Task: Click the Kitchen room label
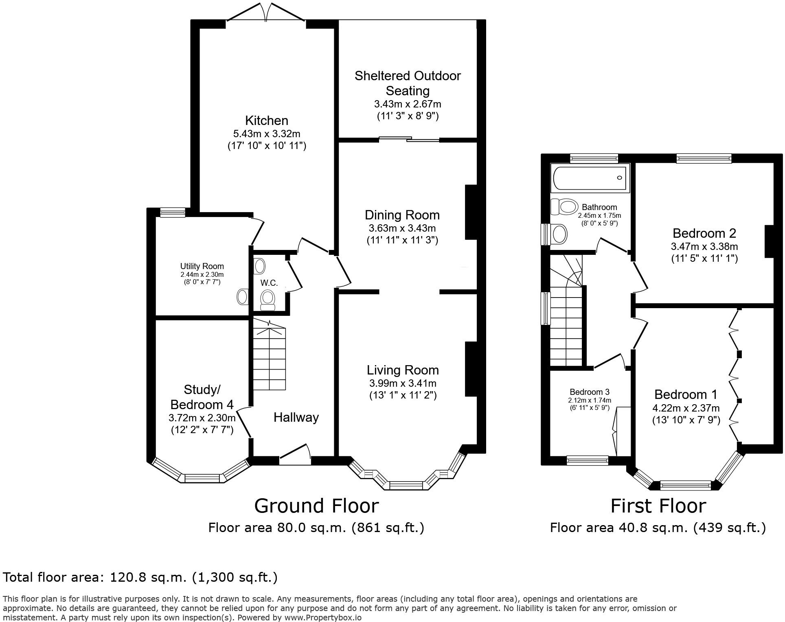tap(267, 120)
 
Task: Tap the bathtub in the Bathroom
tap(589, 178)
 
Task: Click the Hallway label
tap(296, 417)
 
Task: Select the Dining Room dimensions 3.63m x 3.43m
tap(402, 228)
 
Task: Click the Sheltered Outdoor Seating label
tap(408, 83)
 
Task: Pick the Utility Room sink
tap(243, 297)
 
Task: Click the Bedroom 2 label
tap(704, 233)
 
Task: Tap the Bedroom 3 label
tap(589, 392)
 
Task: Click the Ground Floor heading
tap(316, 506)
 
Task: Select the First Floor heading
tap(658, 506)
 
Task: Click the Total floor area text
tap(140, 577)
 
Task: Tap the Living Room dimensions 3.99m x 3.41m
tap(403, 383)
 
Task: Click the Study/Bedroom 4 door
tap(244, 423)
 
